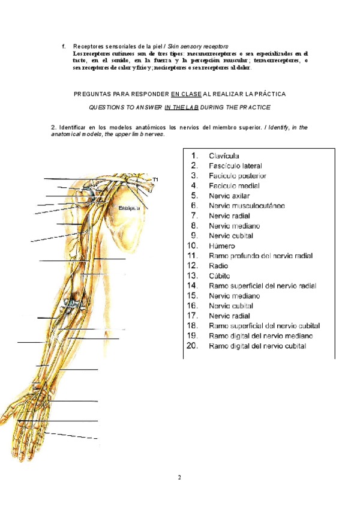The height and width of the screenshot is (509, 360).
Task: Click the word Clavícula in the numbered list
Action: click(225, 155)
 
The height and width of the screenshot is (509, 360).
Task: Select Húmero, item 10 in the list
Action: click(221, 245)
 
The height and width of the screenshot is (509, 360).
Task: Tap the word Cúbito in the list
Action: click(220, 276)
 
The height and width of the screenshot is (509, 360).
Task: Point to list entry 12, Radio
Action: click(218, 265)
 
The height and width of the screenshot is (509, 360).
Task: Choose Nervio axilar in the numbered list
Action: click(230, 196)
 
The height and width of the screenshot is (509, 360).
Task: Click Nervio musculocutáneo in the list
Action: click(247, 206)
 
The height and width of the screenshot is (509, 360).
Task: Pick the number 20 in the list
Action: click(193, 346)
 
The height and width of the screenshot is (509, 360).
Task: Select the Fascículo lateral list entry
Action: click(235, 166)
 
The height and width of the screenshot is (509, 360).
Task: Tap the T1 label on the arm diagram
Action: click(155, 179)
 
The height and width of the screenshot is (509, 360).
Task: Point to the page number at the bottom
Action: click(179, 478)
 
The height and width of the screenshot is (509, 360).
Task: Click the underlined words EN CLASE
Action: click(186, 94)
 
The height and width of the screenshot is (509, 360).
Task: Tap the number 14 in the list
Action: click(193, 286)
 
